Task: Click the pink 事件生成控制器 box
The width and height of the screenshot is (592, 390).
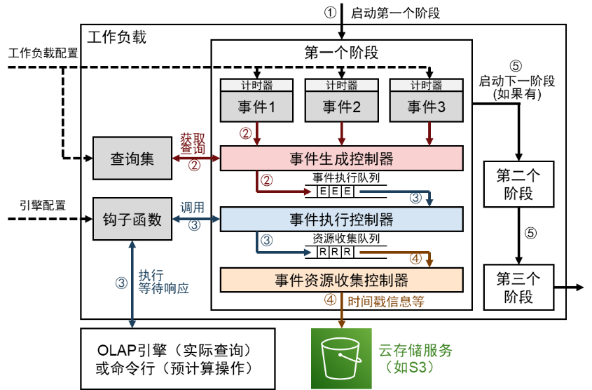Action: [341, 158]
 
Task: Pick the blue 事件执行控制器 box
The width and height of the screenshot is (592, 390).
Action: [341, 219]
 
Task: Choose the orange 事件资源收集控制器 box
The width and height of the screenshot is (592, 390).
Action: [341, 280]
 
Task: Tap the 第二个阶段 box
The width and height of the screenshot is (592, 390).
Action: [518, 184]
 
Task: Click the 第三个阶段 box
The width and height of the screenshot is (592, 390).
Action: [518, 287]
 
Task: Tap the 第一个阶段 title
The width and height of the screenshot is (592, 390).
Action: [341, 53]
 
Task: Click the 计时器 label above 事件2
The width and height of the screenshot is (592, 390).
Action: [341, 86]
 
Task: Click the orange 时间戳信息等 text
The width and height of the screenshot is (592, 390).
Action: [386, 302]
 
